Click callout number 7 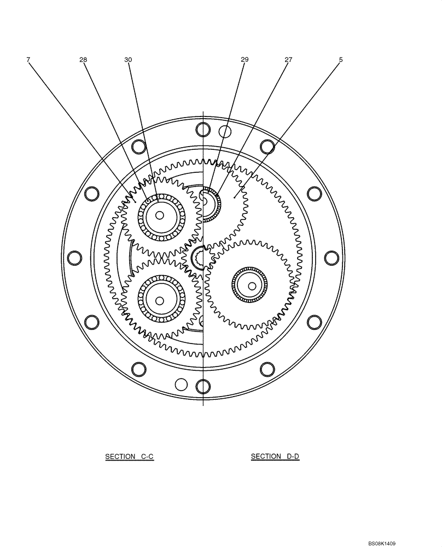pyautogui.click(x=28, y=60)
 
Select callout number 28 pyautogui.click(x=83, y=60)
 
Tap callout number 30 pyautogui.click(x=128, y=60)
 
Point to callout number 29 pyautogui.click(x=245, y=60)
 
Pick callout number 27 pyautogui.click(x=288, y=60)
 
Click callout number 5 pyautogui.click(x=340, y=60)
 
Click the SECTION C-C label pyautogui.click(x=130, y=456)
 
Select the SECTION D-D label pyautogui.click(x=275, y=456)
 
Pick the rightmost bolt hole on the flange pyautogui.click(x=332, y=258)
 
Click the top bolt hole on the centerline pyautogui.click(x=203, y=130)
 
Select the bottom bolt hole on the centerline pyautogui.click(x=203, y=386)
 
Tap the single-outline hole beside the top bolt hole pyautogui.click(x=224, y=131)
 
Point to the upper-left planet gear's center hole pyautogui.click(x=159, y=216)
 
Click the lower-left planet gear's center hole pyautogui.click(x=159, y=300)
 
